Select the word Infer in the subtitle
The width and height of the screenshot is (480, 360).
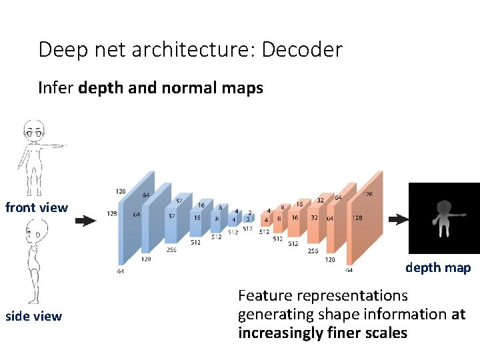55,88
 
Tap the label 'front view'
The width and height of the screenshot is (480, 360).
36,207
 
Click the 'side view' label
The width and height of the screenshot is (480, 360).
33,316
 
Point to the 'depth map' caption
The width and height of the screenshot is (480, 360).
438,267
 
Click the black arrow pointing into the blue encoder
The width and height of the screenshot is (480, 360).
85,221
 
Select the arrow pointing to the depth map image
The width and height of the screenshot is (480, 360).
398,219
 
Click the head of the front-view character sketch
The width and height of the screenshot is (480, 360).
33,129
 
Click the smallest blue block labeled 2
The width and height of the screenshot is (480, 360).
248,218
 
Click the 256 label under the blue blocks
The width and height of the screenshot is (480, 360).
171,250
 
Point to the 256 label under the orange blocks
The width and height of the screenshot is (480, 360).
313,251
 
